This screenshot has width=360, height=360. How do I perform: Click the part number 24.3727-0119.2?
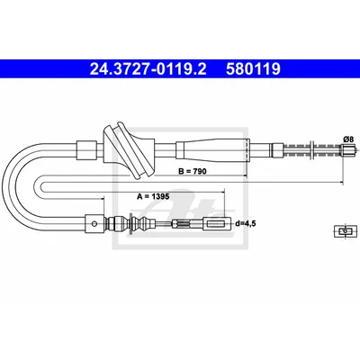(x=148, y=69)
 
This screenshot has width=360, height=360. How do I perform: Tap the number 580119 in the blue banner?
(x=253, y=69)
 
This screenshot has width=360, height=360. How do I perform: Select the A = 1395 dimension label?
(x=153, y=196)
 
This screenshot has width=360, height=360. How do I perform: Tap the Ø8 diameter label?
(x=348, y=139)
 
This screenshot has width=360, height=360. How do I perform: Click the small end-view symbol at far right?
(x=346, y=231)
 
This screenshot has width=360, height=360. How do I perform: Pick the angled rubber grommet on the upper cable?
(x=129, y=149)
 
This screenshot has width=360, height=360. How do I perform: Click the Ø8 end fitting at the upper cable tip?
(x=347, y=149)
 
